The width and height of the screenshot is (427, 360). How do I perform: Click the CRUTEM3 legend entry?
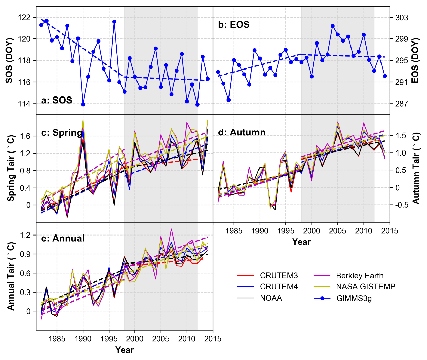click(279, 276)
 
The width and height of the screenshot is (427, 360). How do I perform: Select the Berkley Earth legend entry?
click(360, 276)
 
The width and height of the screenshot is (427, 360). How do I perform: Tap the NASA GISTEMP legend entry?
click(365, 287)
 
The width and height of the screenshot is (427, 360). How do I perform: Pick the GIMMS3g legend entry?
click(354, 298)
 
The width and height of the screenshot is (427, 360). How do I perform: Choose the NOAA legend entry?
click(271, 298)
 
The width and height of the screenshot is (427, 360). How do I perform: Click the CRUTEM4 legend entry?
click(279, 287)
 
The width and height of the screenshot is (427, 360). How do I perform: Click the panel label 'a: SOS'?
click(57, 100)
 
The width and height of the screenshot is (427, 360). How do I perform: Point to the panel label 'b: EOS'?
click(234, 25)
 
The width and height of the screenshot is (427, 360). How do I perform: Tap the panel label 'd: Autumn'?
click(242, 132)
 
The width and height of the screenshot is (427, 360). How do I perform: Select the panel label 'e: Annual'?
click(63, 238)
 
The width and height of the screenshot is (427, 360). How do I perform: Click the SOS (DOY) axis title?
click(9, 61)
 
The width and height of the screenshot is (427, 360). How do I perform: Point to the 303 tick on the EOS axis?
click(402, 17)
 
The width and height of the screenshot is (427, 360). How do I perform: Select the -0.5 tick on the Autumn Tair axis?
click(399, 205)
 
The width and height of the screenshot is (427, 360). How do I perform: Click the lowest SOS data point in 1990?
click(83, 104)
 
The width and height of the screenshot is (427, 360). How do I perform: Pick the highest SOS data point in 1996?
click(114, 22)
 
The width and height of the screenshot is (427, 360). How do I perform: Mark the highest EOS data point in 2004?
click(333, 26)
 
